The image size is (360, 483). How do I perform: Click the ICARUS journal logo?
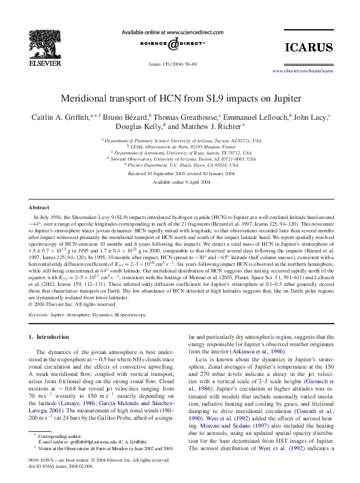(310, 47)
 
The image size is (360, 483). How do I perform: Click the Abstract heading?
(40, 207)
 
